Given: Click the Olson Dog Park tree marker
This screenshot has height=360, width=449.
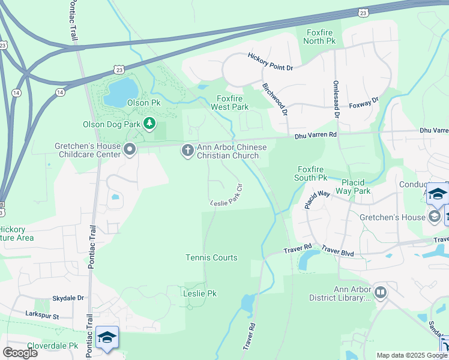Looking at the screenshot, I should tap(149, 125).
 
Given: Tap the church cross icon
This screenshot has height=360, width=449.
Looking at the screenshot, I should tap(188, 151).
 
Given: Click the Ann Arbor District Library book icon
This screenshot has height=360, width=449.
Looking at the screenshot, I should tap(380, 292).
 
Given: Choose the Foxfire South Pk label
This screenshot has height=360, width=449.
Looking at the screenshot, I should tap(311, 173).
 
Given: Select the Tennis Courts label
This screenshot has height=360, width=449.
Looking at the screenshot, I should tap(211, 257).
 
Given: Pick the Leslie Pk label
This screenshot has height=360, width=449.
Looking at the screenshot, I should tap(199, 293).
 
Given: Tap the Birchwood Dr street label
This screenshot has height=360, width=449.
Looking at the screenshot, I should tap(276, 99).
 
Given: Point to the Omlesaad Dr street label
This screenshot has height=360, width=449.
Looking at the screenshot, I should tap(337, 98).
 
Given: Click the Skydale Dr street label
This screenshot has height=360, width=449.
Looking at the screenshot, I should tap(68, 298).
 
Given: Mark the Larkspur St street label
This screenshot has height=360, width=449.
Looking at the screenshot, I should tap(42, 315).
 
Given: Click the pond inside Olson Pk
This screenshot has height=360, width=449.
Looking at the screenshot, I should tap(119, 91).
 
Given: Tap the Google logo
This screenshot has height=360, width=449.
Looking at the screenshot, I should tap(20, 352).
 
